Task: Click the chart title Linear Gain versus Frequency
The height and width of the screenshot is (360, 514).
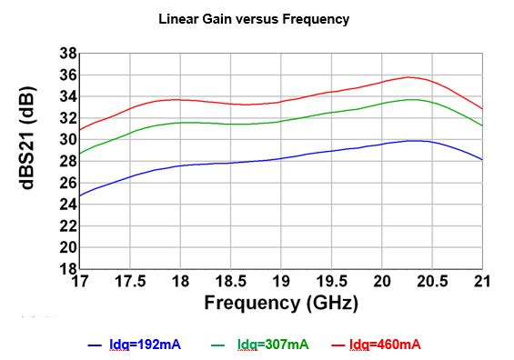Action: point(254,19)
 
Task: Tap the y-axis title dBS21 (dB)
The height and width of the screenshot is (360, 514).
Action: point(27,138)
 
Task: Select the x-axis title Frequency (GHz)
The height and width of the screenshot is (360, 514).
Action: point(281,303)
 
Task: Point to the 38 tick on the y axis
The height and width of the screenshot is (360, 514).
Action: point(68,54)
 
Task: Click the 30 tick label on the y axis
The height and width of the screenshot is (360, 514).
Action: point(68,140)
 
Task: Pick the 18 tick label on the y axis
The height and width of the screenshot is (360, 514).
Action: point(68,269)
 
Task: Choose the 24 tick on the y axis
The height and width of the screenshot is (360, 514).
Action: point(68,205)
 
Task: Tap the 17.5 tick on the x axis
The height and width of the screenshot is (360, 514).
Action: point(130,282)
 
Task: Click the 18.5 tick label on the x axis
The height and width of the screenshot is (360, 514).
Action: point(231,282)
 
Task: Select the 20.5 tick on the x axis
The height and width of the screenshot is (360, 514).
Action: point(432,282)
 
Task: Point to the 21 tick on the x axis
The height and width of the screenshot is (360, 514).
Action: point(482,282)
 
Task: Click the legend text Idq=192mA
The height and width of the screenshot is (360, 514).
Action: point(145,345)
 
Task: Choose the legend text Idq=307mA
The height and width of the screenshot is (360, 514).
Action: point(273,345)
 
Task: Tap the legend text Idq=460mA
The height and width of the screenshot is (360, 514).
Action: point(385,345)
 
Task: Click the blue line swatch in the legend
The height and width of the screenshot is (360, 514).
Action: point(95,345)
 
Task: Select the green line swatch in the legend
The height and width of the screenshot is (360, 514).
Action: point(218,345)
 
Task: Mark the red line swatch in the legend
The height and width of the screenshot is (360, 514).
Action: point(338,345)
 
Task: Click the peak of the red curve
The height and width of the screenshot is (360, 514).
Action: point(408,77)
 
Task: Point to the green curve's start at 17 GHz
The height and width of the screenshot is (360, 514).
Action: point(80,154)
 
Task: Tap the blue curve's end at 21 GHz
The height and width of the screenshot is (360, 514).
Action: point(482,159)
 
